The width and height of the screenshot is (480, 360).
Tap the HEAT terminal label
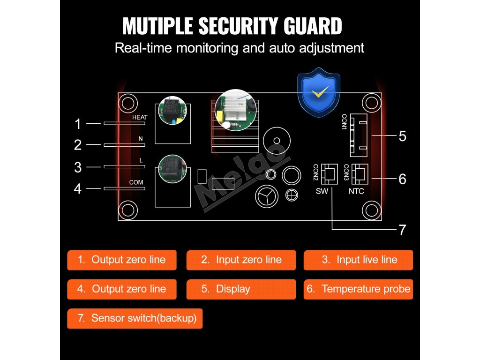(140, 117)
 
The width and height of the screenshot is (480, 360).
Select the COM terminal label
(136, 182)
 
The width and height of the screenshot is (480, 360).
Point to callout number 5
(402, 136)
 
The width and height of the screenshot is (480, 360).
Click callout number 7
(402, 230)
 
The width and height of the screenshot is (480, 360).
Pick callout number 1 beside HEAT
(78, 124)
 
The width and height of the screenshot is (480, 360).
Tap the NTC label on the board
(356, 191)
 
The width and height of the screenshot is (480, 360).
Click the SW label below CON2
(322, 191)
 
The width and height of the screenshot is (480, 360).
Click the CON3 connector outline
(360, 173)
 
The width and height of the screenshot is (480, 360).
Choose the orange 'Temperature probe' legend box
(359, 289)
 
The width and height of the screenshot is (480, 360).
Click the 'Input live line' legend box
(359, 260)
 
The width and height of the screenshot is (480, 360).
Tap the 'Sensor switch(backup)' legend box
(135, 318)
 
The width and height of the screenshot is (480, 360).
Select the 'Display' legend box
(241, 289)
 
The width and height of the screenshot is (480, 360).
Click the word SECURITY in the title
(239, 26)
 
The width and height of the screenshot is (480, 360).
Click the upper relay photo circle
(172, 111)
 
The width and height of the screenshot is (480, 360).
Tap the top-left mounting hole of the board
(128, 103)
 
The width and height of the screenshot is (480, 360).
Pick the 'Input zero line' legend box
(241, 260)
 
